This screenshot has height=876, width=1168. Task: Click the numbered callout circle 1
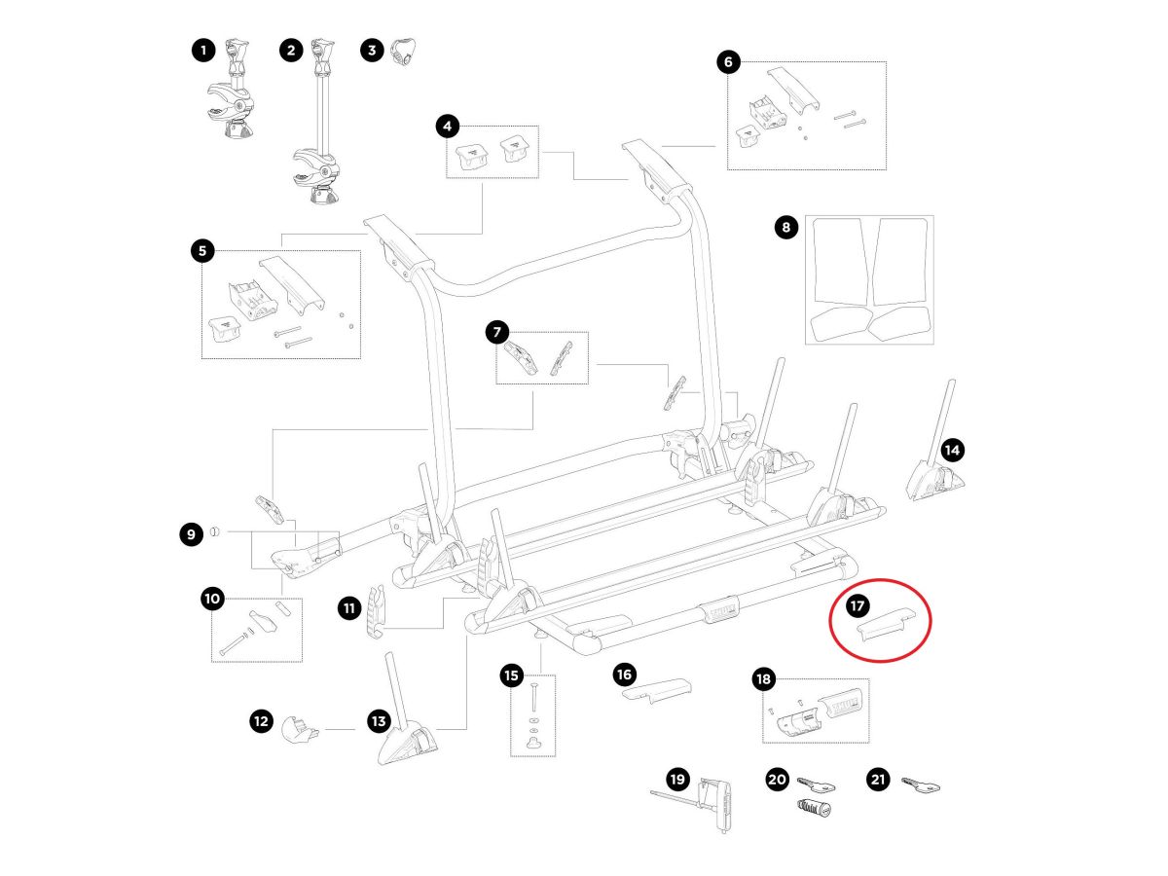(202, 51)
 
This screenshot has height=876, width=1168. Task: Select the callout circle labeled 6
(728, 62)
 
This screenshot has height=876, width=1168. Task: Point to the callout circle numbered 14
(952, 450)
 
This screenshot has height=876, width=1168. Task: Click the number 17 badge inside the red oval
(857, 606)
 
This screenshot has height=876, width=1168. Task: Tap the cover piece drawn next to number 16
(657, 689)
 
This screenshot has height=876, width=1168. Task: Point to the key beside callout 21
(921, 784)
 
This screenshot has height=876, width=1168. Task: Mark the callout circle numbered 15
(512, 674)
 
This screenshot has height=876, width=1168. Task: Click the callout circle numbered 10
(213, 599)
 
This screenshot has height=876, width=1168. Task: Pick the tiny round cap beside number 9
(216, 531)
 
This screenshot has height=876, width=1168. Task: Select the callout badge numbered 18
(762, 679)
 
